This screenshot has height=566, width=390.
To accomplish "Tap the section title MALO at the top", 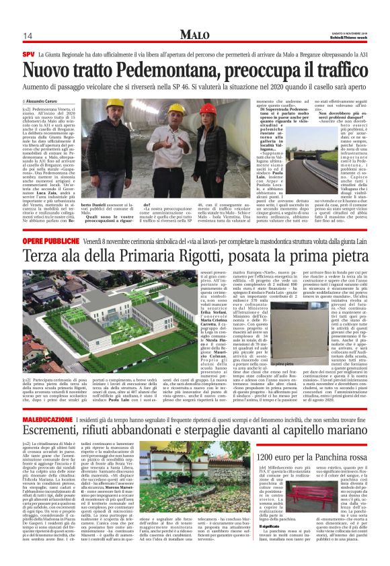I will (195, 34).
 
